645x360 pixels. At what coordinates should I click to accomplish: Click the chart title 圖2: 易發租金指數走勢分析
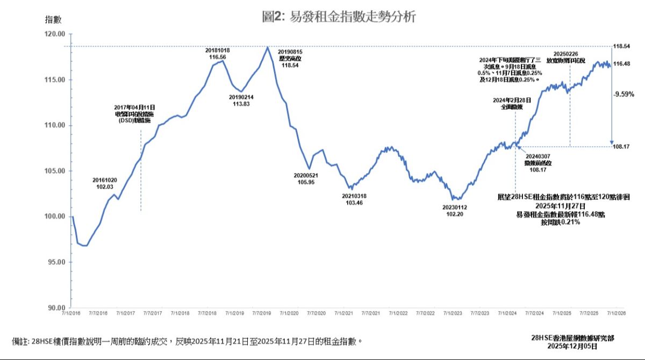(339, 17)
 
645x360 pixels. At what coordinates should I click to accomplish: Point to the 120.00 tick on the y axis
(56, 34)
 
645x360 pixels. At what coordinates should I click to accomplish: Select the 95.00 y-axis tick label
(56, 262)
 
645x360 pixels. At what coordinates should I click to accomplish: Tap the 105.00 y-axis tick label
(56, 171)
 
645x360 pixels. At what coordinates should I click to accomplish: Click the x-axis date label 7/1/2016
(72, 313)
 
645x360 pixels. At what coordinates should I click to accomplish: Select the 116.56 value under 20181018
(218, 56)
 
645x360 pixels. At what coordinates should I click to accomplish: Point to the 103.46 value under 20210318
(354, 203)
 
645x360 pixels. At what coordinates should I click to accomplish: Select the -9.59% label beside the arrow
(623, 93)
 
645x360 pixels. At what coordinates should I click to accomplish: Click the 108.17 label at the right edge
(622, 146)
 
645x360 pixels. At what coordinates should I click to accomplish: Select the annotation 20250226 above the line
(565, 54)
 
